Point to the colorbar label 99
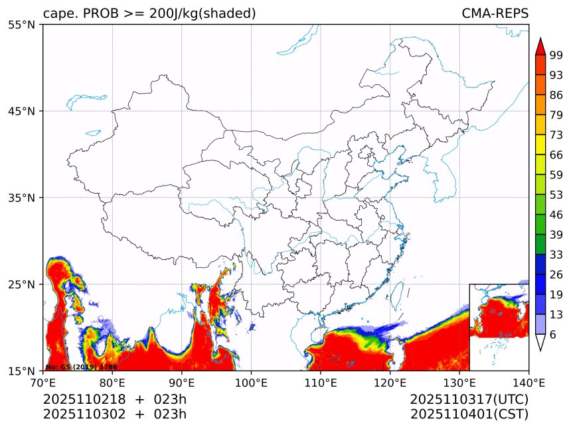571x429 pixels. pos(556,56)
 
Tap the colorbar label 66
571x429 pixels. pos(556,155)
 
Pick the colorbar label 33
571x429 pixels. pos(556,255)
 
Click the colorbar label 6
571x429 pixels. pos(553,335)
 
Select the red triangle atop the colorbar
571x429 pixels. pos(540,46)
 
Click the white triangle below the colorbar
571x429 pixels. pos(540,342)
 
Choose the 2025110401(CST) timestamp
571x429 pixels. pos(469,414)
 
